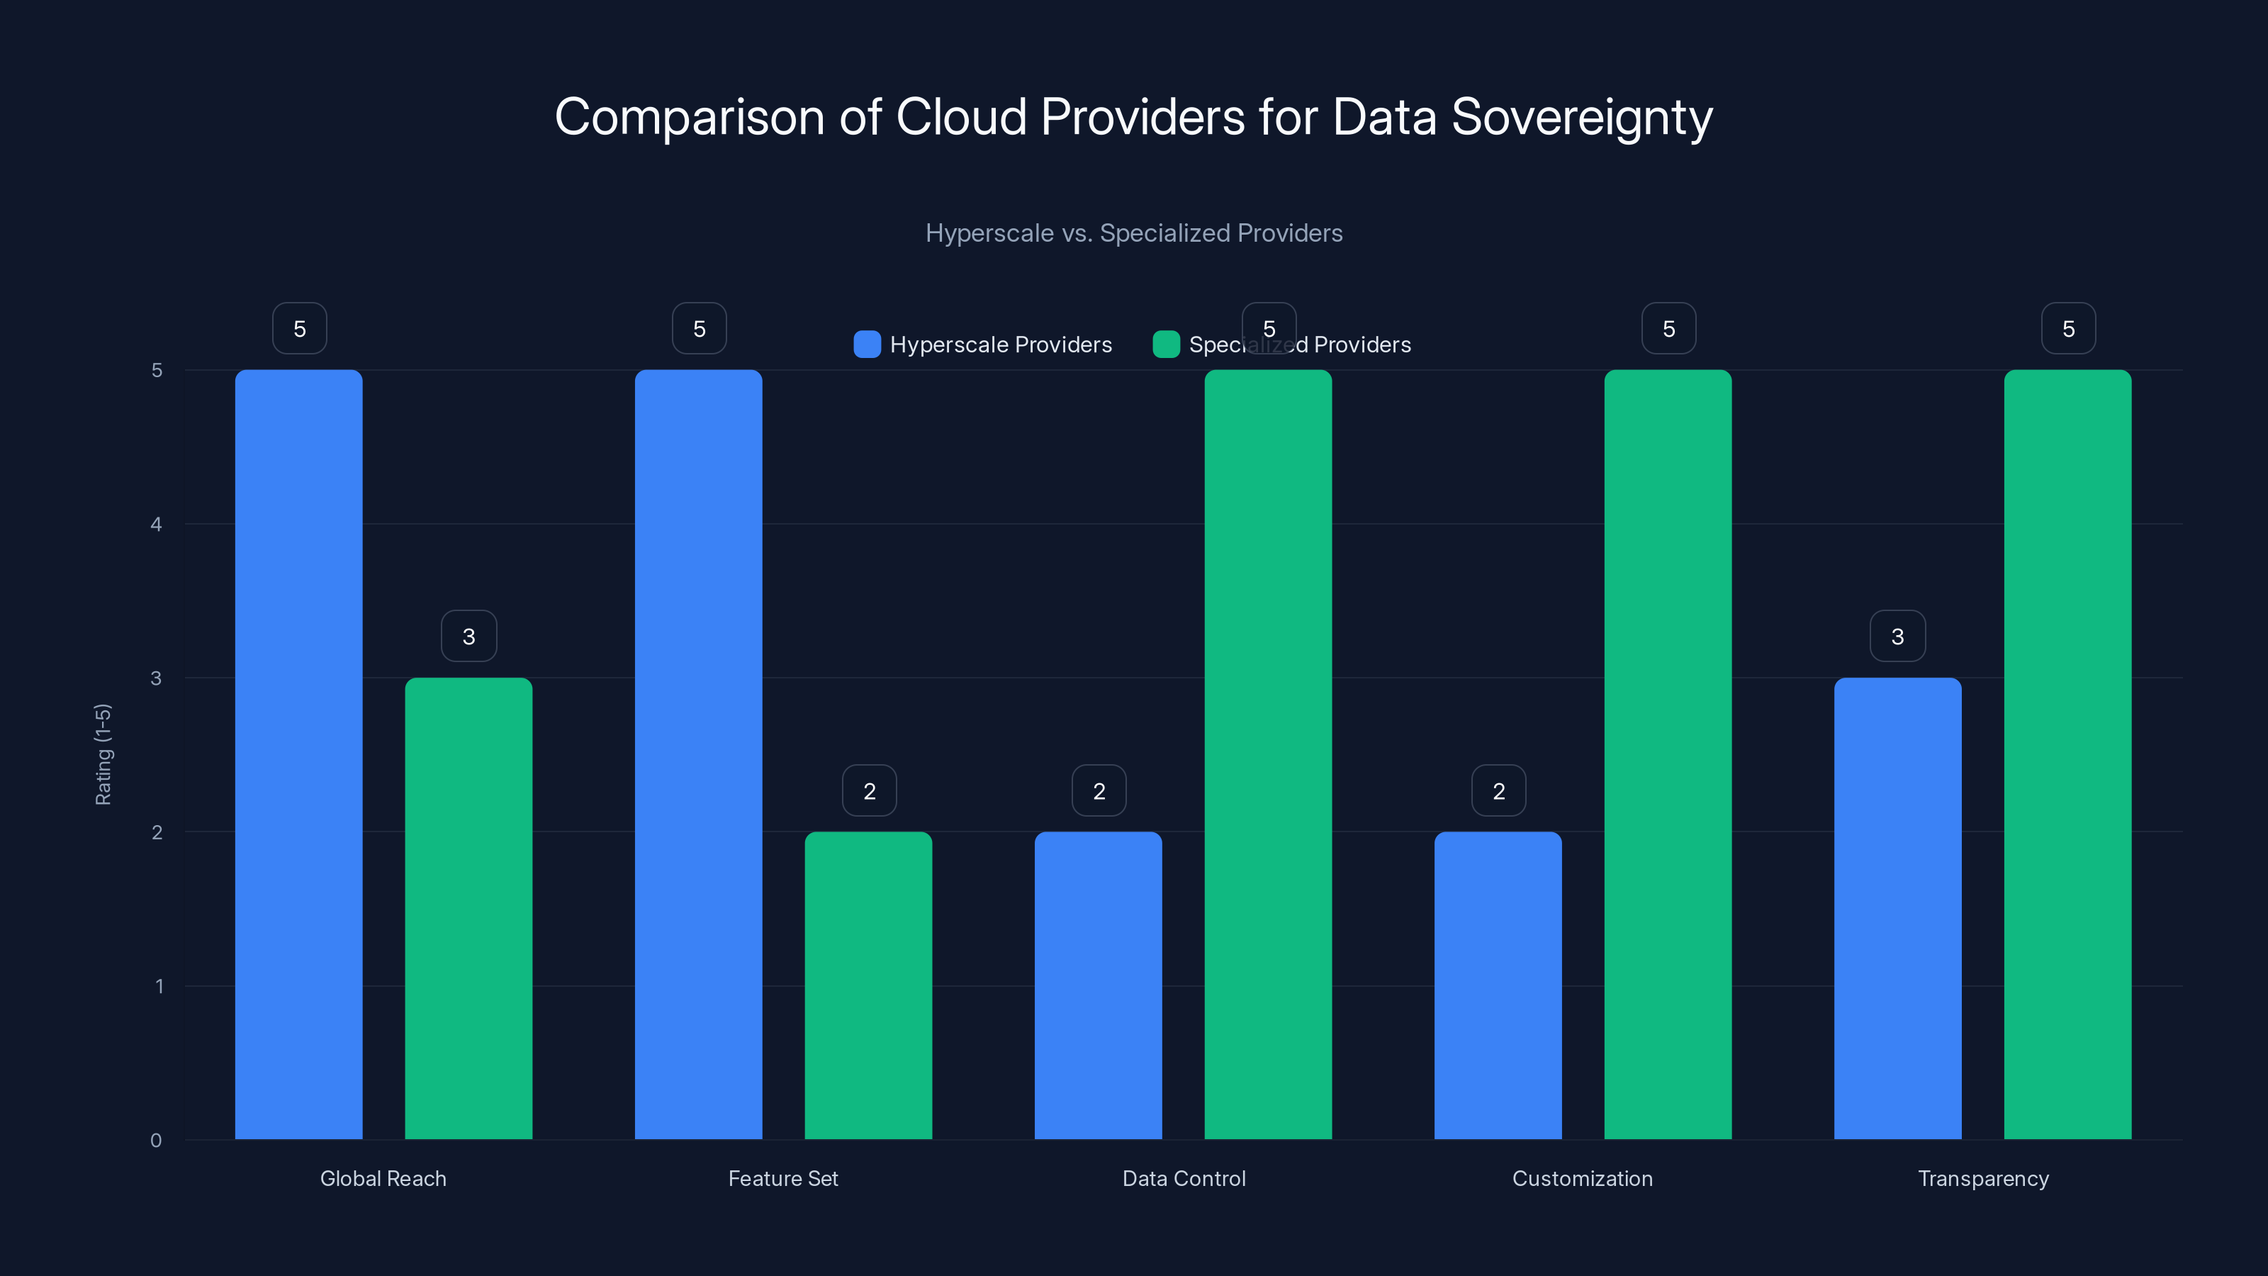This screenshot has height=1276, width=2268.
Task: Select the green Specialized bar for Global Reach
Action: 468,908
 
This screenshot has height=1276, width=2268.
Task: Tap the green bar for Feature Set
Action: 868,985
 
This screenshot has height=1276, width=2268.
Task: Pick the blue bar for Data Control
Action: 1098,985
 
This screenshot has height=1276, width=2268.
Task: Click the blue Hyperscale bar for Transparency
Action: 1897,908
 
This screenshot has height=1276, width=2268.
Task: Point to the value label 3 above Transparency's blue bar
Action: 1897,636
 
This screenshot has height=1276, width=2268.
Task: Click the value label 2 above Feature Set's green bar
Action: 869,791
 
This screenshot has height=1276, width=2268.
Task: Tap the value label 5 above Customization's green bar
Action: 1668,328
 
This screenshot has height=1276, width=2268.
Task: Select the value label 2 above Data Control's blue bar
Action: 1099,791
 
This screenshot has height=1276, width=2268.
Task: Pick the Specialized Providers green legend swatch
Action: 1166,345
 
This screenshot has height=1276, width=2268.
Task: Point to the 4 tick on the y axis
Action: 156,524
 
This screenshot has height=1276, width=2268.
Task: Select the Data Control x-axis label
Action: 1184,1178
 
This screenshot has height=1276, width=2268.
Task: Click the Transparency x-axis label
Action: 1983,1178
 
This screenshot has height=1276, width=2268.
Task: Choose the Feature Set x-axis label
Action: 782,1178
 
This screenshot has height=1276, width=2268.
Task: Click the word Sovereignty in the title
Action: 1581,117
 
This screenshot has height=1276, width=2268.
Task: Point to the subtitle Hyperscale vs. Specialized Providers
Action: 1134,233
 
